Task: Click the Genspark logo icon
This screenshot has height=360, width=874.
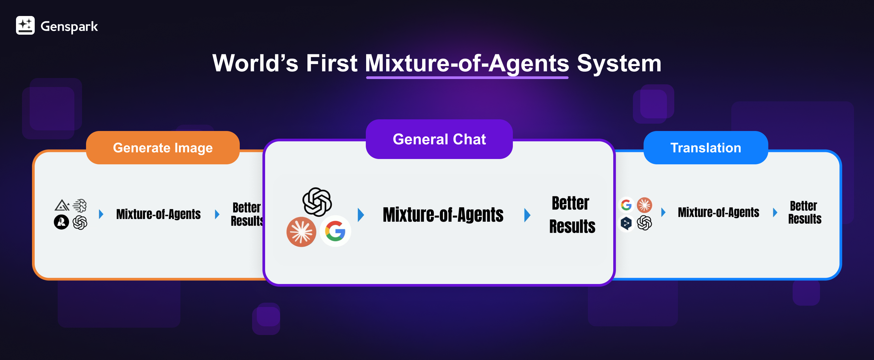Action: [25, 25]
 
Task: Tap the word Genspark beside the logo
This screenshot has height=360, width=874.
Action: [69, 26]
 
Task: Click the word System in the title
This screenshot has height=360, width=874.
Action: [619, 63]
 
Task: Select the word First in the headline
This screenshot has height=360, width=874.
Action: [331, 63]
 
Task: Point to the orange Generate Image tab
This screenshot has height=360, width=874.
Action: [163, 148]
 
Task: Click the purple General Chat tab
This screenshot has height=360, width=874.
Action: [439, 139]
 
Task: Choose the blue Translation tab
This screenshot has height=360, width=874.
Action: [706, 148]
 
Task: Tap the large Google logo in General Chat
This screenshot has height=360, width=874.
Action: [335, 231]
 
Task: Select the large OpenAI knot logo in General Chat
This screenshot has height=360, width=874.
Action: [317, 202]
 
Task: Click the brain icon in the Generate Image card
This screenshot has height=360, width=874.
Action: [80, 205]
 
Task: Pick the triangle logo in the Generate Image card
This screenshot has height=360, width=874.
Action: [62, 205]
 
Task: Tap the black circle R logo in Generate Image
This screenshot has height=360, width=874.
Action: [61, 222]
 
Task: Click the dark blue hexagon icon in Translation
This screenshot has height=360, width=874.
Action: [626, 223]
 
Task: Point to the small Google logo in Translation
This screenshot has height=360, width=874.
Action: [626, 205]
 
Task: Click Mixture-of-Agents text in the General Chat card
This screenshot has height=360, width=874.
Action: [443, 215]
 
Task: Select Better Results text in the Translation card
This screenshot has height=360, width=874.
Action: [804, 212]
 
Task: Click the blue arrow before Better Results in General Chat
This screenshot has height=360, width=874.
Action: [527, 215]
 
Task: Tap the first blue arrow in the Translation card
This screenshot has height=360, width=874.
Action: [663, 212]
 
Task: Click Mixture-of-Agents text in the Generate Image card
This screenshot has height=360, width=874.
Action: [158, 214]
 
